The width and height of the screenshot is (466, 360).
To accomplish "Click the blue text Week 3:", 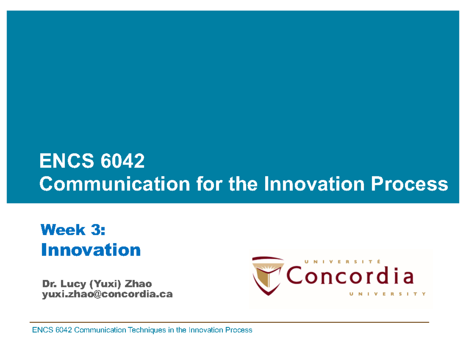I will click(x=73, y=230).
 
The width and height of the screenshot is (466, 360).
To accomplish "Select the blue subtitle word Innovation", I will click(x=91, y=250).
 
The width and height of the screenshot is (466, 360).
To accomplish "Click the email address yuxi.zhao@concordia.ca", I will click(x=107, y=295).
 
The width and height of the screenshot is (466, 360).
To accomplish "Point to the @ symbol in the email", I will click(x=95, y=295).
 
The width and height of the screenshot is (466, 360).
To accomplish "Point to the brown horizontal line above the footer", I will click(x=229, y=322).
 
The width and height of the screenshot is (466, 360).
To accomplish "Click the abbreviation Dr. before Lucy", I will click(x=48, y=285).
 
